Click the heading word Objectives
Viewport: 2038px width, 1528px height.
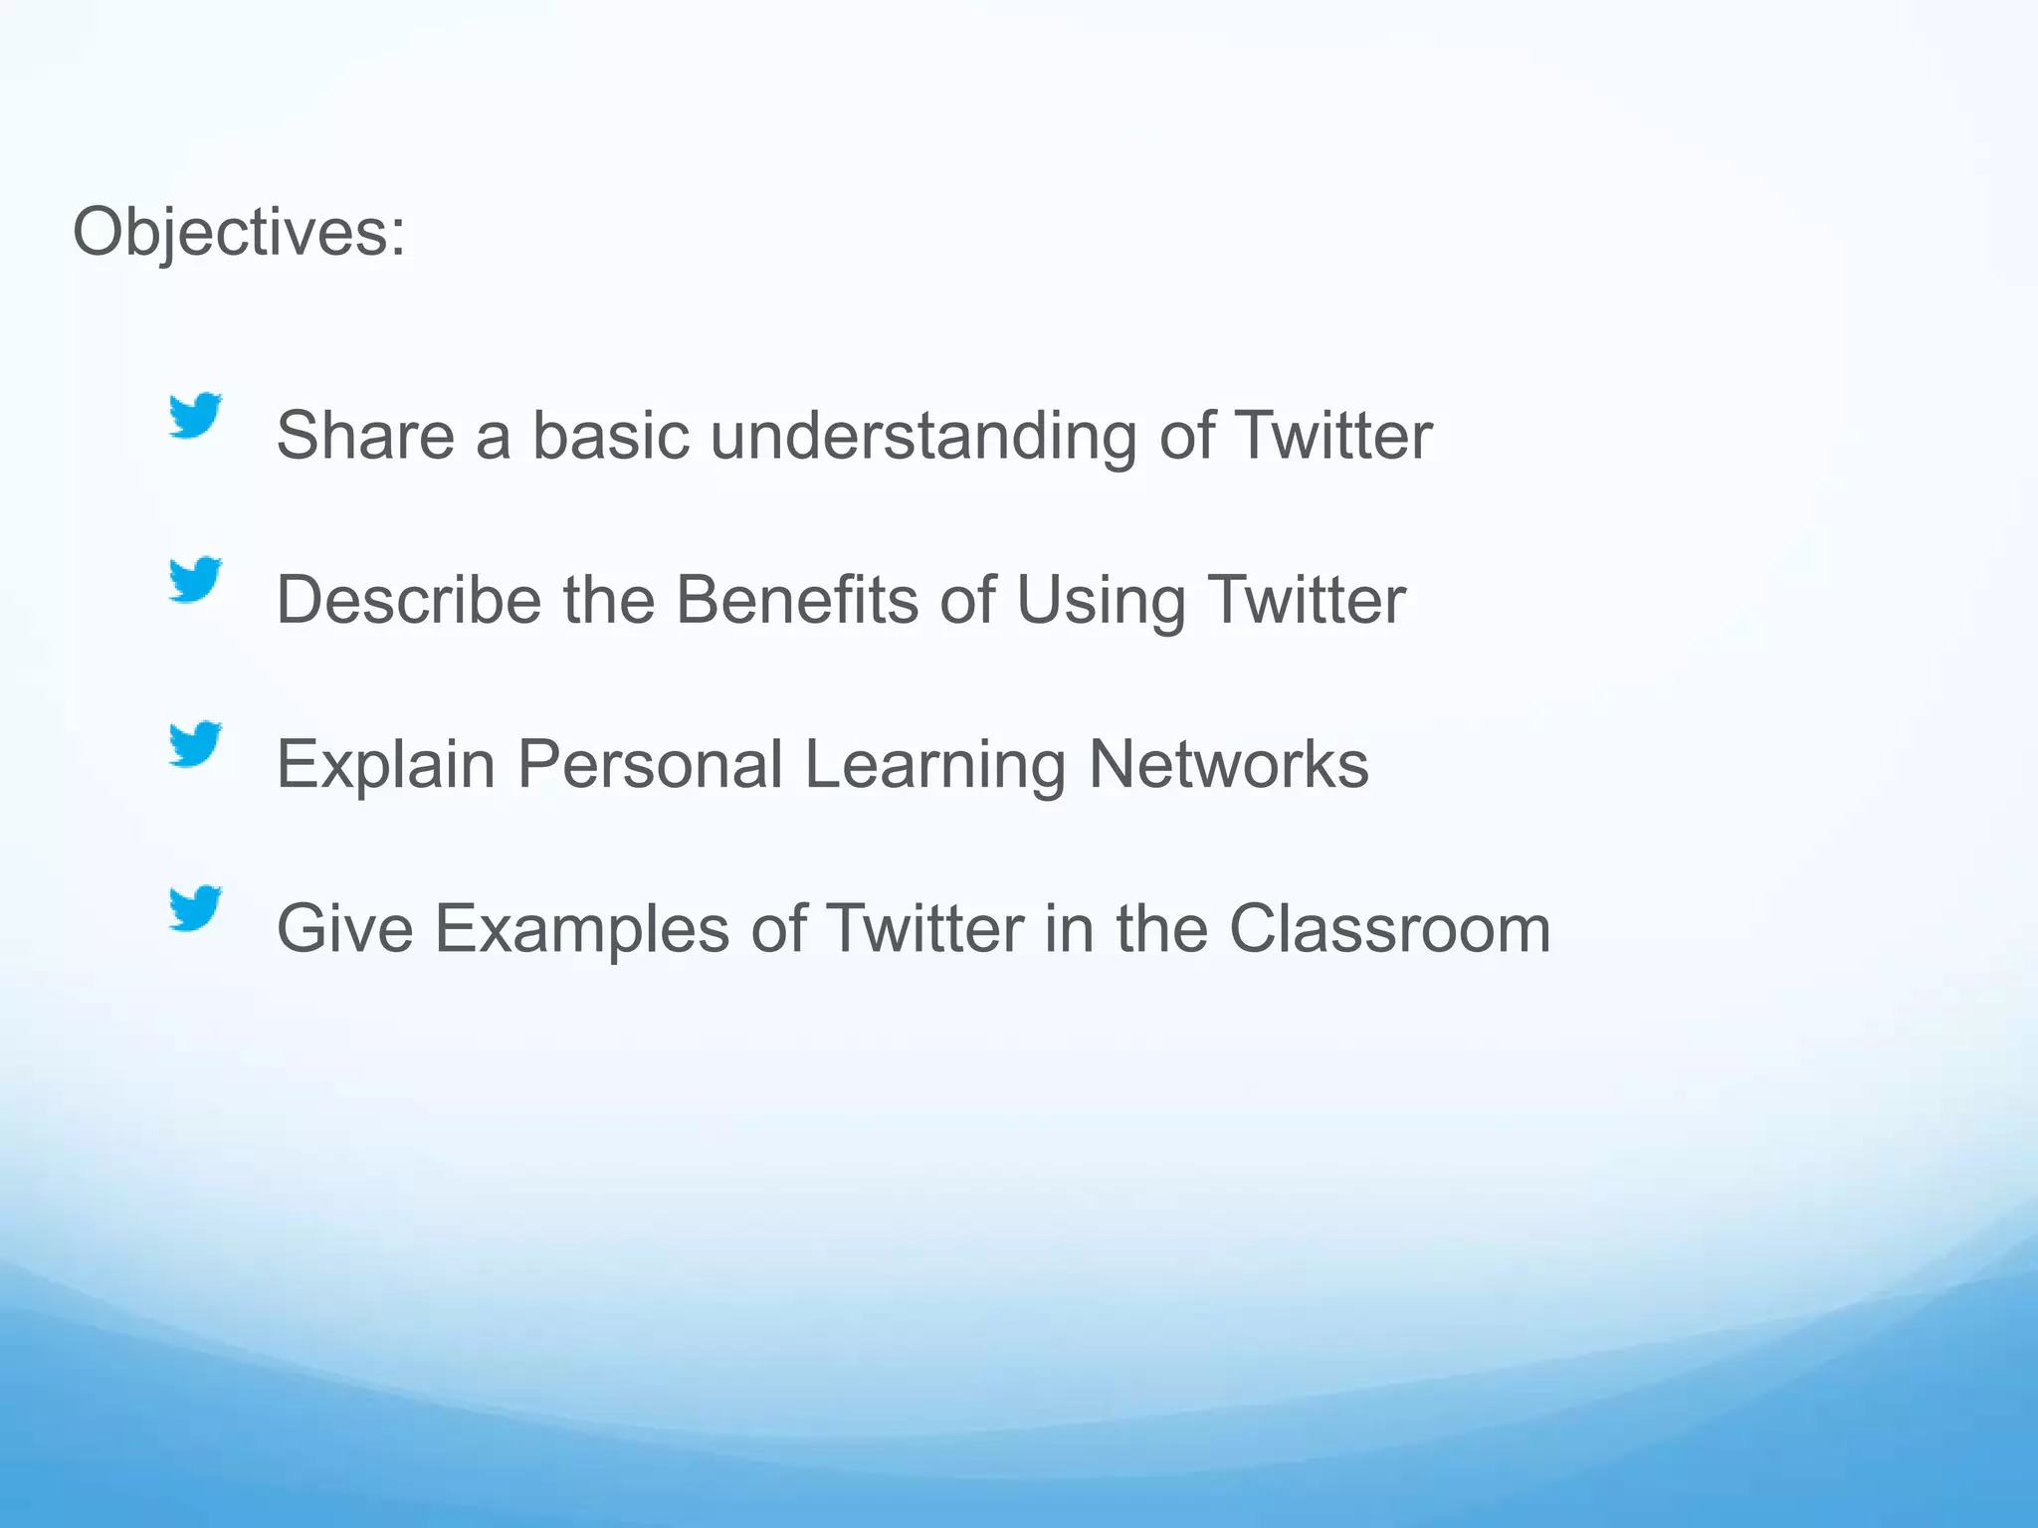239,233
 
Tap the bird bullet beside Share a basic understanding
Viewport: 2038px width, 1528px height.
194,416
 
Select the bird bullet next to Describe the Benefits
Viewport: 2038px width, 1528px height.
194,580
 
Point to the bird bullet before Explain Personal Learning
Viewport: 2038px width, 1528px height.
194,744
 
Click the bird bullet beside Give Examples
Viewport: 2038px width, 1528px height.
194,908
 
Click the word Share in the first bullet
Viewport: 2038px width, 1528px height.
365,436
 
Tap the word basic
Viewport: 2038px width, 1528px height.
611,436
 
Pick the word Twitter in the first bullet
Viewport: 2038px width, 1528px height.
1333,436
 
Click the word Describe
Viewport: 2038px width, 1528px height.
409,600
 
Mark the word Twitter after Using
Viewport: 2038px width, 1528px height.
1307,600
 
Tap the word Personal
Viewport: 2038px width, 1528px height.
650,764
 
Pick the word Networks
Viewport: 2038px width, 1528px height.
1229,764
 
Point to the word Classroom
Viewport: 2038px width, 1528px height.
1389,928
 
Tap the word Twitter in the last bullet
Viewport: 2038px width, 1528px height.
925,928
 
